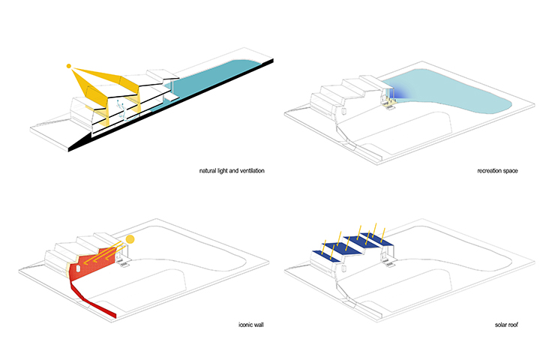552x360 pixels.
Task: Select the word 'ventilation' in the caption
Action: [250, 172]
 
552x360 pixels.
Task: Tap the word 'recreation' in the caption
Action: [490, 172]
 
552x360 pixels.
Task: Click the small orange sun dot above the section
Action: [69, 67]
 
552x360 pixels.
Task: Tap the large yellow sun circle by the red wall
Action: [130, 240]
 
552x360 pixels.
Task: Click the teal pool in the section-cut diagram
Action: [217, 76]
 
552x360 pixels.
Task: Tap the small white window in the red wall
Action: [78, 268]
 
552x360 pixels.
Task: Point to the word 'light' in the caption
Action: [226, 172]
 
